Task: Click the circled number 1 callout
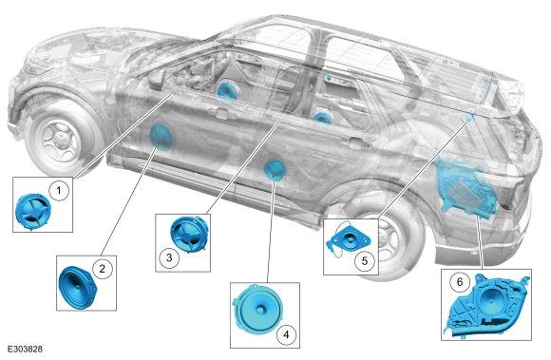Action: click(x=59, y=191)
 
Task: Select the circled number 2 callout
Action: click(x=102, y=269)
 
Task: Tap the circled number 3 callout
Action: click(x=169, y=257)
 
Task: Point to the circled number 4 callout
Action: click(x=286, y=334)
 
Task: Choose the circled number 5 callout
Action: click(x=365, y=260)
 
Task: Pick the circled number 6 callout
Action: click(x=460, y=282)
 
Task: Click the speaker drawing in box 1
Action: click(x=33, y=212)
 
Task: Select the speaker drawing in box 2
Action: click(x=77, y=287)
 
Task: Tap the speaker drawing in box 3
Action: click(x=189, y=235)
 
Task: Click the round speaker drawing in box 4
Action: click(x=258, y=309)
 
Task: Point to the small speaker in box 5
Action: click(x=348, y=239)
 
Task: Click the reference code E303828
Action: click(x=25, y=350)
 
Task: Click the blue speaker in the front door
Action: click(x=161, y=137)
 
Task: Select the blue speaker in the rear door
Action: click(x=275, y=169)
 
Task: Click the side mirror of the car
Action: click(x=156, y=80)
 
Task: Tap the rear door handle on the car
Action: click(x=358, y=142)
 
